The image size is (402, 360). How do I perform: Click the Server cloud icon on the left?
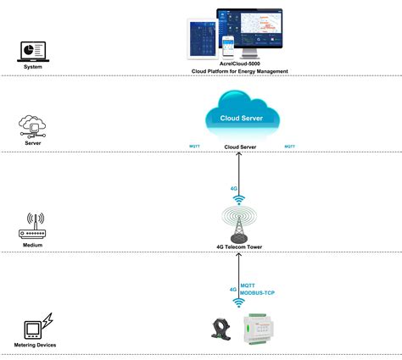coord(33,125)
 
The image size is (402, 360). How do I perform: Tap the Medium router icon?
coord(33,226)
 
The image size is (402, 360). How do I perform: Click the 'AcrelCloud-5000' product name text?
coord(240,64)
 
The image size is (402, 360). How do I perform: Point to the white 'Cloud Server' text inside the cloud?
coord(240,119)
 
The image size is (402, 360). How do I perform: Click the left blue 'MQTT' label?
coord(194,147)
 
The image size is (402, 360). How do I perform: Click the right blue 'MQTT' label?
coord(290,147)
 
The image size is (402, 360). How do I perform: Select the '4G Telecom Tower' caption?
coord(240,246)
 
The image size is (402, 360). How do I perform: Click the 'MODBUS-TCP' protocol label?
coord(258,293)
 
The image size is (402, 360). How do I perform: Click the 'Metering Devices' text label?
coord(36,346)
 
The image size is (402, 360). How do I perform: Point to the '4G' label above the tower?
coord(234,188)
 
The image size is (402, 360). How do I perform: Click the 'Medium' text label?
coord(33,246)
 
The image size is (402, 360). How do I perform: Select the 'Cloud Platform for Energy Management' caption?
coord(240,72)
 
